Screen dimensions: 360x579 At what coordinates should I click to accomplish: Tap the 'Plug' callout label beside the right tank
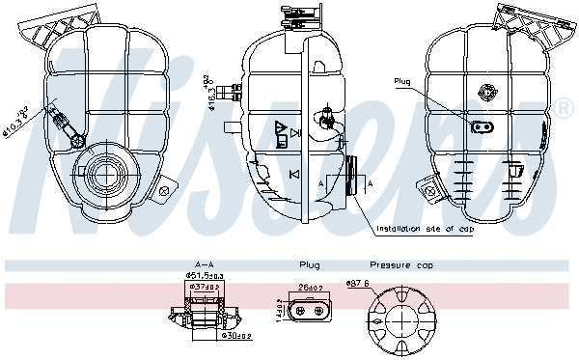[x=403, y=81]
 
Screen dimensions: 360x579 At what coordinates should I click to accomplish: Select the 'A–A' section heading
[x=204, y=263]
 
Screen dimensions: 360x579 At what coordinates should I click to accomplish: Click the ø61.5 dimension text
[x=204, y=276]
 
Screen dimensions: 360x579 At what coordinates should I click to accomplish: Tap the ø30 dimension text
[x=236, y=337]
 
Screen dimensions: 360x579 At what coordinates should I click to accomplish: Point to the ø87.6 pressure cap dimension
[x=359, y=283]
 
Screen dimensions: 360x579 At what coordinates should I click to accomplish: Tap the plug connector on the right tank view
[x=481, y=126]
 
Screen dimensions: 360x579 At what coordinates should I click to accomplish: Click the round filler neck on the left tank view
[x=103, y=176]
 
